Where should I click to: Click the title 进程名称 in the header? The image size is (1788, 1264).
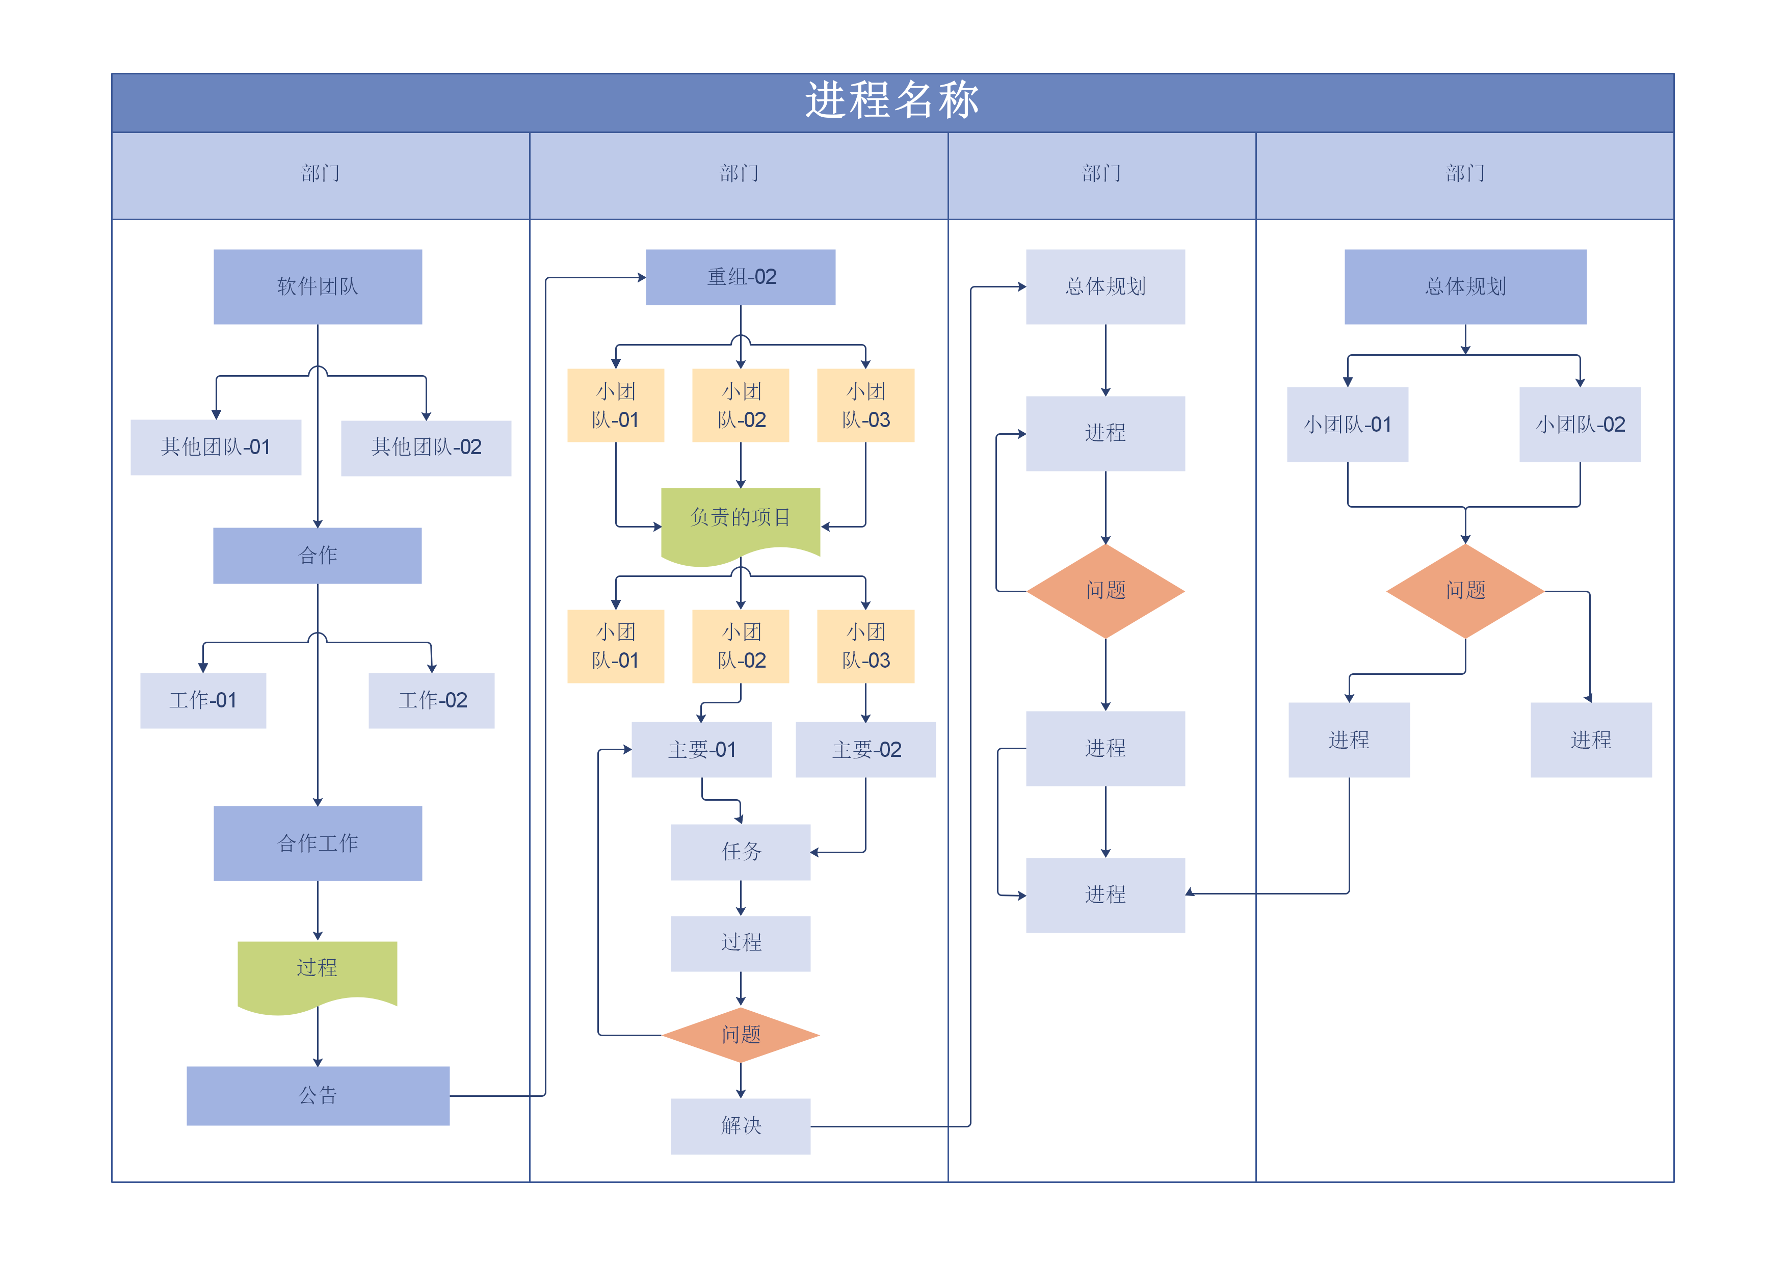(892, 101)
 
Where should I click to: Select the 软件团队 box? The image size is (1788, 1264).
(318, 286)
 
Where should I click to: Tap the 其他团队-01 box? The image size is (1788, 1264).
(216, 447)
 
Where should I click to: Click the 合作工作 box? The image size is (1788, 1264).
(318, 844)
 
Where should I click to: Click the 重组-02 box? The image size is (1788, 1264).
(741, 277)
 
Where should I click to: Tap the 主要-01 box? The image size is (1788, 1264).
(702, 749)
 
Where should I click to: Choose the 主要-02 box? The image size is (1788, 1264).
(866, 749)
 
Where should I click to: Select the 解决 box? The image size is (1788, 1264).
(741, 1126)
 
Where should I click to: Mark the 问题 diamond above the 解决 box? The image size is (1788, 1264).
(741, 1035)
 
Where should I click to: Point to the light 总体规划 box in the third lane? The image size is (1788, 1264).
(1105, 286)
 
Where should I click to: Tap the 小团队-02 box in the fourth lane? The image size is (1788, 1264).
(1580, 425)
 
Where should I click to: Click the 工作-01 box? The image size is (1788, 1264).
(203, 701)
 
